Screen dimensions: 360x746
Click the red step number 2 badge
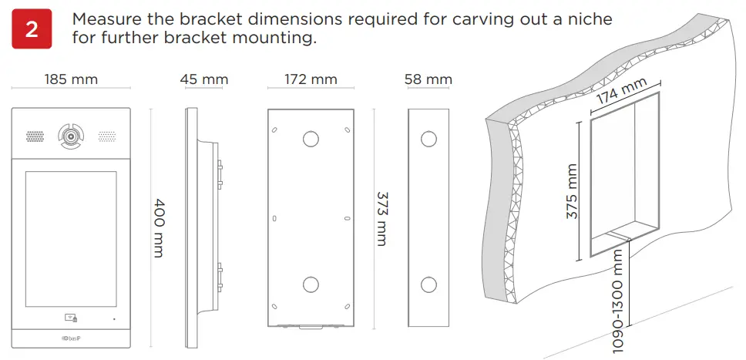click(32, 29)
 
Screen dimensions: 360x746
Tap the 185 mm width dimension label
click(71, 79)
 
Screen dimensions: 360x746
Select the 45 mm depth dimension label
click(204, 79)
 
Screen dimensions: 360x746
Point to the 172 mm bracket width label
click(311, 79)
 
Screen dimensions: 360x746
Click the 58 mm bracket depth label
click(428, 79)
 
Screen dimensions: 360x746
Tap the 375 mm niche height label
click(572, 190)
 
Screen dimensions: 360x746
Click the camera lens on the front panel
click(71, 136)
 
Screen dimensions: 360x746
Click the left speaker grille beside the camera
click(35, 136)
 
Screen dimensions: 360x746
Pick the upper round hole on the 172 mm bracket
click(311, 139)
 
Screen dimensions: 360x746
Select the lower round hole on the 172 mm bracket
click(310, 284)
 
